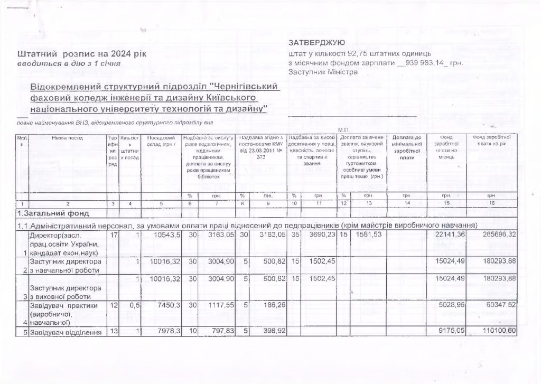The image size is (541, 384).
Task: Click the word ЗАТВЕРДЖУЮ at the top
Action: pyautogui.click(x=317, y=42)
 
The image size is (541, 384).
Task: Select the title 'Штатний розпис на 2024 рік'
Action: pyautogui.click(x=79, y=54)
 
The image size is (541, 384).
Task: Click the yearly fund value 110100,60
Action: pyautogui.click(x=498, y=332)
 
